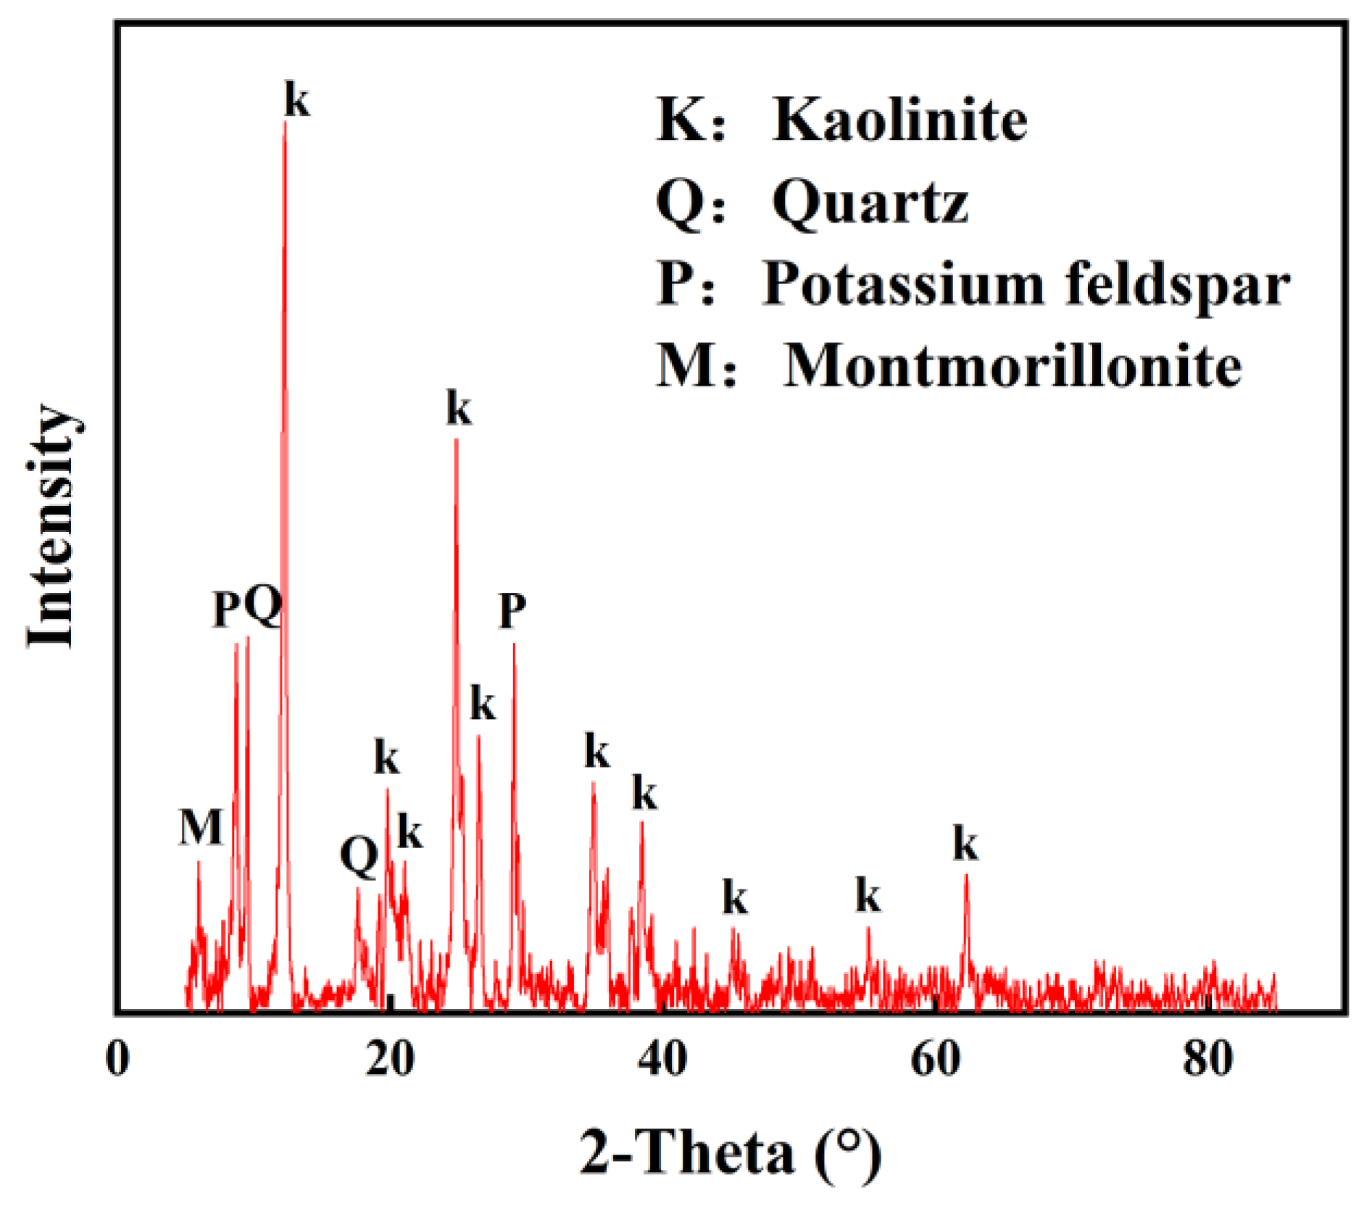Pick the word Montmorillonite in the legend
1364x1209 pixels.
1012,366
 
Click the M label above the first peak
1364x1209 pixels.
200,827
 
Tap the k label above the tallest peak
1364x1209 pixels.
296,99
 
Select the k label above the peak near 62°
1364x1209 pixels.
965,844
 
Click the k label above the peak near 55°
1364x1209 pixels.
868,897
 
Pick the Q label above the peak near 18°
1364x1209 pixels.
359,856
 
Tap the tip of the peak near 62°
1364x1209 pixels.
966,876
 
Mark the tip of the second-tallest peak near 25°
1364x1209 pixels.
456,439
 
